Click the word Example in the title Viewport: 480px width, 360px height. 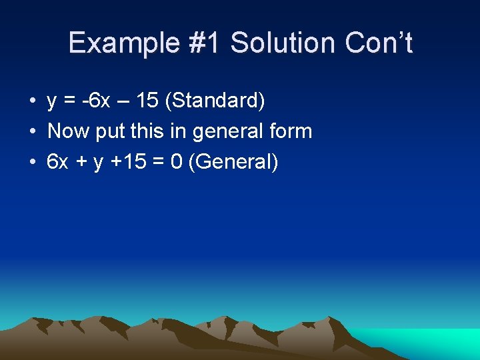(123, 43)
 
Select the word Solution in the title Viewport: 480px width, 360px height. (285, 43)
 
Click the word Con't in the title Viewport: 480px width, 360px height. (379, 43)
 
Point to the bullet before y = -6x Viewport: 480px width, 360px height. (31, 101)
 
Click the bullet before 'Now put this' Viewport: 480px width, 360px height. (31, 131)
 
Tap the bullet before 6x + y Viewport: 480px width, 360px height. (31, 161)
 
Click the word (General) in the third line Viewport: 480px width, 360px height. (233, 161)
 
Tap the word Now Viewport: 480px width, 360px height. (69, 131)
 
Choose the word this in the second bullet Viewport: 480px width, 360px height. (147, 131)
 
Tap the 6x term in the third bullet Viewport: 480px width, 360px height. (58, 161)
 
